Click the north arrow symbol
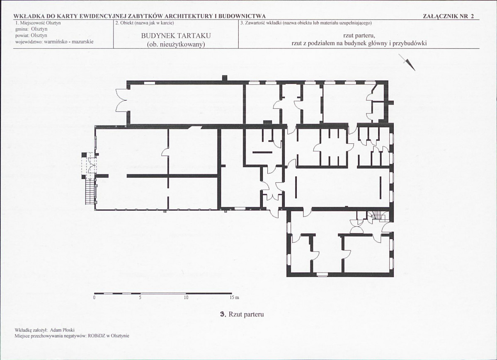(x=407, y=62)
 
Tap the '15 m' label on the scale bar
(x=235, y=298)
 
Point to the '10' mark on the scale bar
(x=186, y=298)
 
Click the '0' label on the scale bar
(x=95, y=298)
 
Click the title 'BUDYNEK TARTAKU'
(x=176, y=36)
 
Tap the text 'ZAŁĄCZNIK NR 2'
(x=449, y=17)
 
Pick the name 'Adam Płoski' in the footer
(x=64, y=330)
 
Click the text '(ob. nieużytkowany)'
(x=176, y=44)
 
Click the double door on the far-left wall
(x=122, y=100)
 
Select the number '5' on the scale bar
(x=140, y=298)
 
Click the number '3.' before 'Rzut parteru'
(x=223, y=314)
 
